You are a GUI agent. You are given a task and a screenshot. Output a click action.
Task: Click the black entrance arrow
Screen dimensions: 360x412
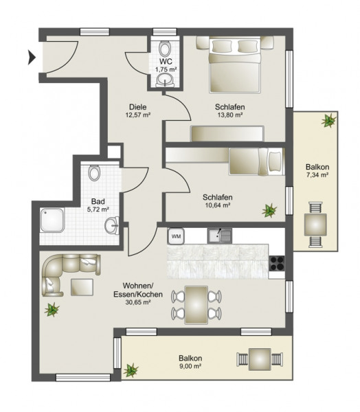click(x=32, y=58)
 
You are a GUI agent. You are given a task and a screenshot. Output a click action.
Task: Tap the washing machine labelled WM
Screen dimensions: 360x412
click(x=176, y=236)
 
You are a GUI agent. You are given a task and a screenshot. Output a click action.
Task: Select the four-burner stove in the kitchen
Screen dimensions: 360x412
click(x=277, y=263)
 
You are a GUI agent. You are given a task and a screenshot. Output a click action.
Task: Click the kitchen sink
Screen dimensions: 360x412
click(x=220, y=236)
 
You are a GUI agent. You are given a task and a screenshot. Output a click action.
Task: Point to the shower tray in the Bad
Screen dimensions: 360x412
click(x=52, y=220)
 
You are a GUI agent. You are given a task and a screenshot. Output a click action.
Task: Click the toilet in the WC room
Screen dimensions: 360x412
click(x=165, y=48)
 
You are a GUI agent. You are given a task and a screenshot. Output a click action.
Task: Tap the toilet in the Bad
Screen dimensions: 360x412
click(x=94, y=172)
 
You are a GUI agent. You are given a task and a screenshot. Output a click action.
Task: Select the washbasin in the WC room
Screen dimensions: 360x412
click(x=165, y=80)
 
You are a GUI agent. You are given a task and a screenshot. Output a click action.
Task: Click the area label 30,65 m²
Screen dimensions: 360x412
click(x=138, y=302)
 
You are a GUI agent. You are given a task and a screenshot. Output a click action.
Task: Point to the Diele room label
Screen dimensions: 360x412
click(x=138, y=107)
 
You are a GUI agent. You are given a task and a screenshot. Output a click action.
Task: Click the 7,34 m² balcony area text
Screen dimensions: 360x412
click(x=317, y=174)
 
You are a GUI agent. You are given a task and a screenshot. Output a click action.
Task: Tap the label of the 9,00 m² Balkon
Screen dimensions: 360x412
click(x=190, y=358)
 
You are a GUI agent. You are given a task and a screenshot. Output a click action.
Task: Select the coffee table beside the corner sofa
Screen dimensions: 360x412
click(x=82, y=287)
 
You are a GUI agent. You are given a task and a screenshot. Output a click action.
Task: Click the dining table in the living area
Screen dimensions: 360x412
click(x=196, y=305)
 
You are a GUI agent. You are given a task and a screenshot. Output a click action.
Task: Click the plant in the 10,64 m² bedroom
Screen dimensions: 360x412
click(x=269, y=211)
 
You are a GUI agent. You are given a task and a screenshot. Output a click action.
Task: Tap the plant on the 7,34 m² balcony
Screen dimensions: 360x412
click(x=328, y=120)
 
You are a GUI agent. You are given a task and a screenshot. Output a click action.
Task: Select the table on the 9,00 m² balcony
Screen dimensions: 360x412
click(x=260, y=359)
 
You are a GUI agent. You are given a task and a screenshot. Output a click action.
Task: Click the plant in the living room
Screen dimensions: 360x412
click(x=52, y=310)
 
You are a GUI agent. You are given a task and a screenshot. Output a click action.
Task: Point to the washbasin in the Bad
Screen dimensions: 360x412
click(x=112, y=225)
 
